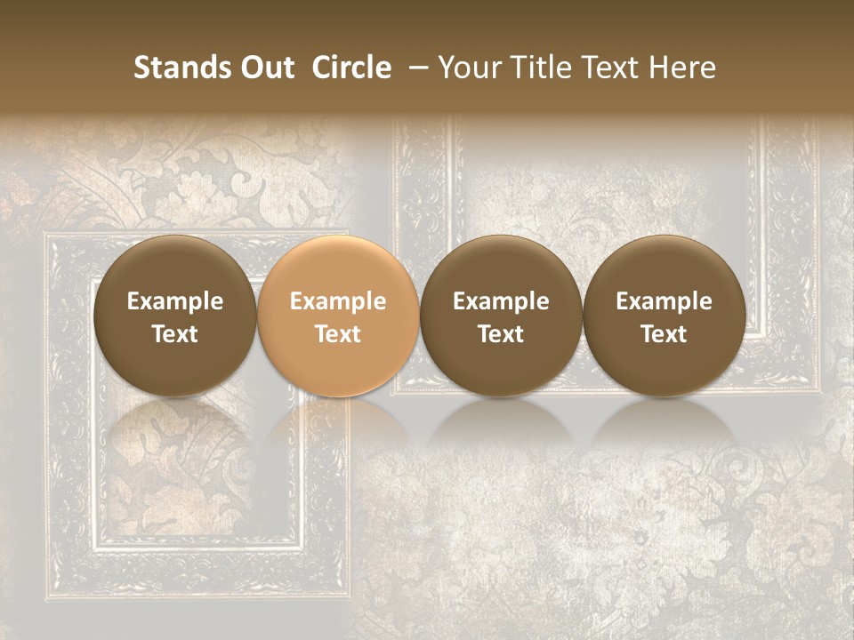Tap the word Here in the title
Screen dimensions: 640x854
click(x=681, y=68)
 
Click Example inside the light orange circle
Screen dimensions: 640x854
click(x=338, y=301)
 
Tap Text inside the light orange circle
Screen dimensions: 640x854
click(x=338, y=334)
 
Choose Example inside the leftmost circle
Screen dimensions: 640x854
click(x=175, y=301)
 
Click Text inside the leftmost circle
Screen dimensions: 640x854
click(x=175, y=334)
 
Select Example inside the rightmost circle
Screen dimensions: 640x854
click(x=665, y=301)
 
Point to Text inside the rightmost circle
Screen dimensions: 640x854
click(x=665, y=334)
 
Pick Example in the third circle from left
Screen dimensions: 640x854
click(x=501, y=301)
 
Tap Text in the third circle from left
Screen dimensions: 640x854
click(x=501, y=334)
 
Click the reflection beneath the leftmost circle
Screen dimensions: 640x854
click(x=175, y=427)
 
